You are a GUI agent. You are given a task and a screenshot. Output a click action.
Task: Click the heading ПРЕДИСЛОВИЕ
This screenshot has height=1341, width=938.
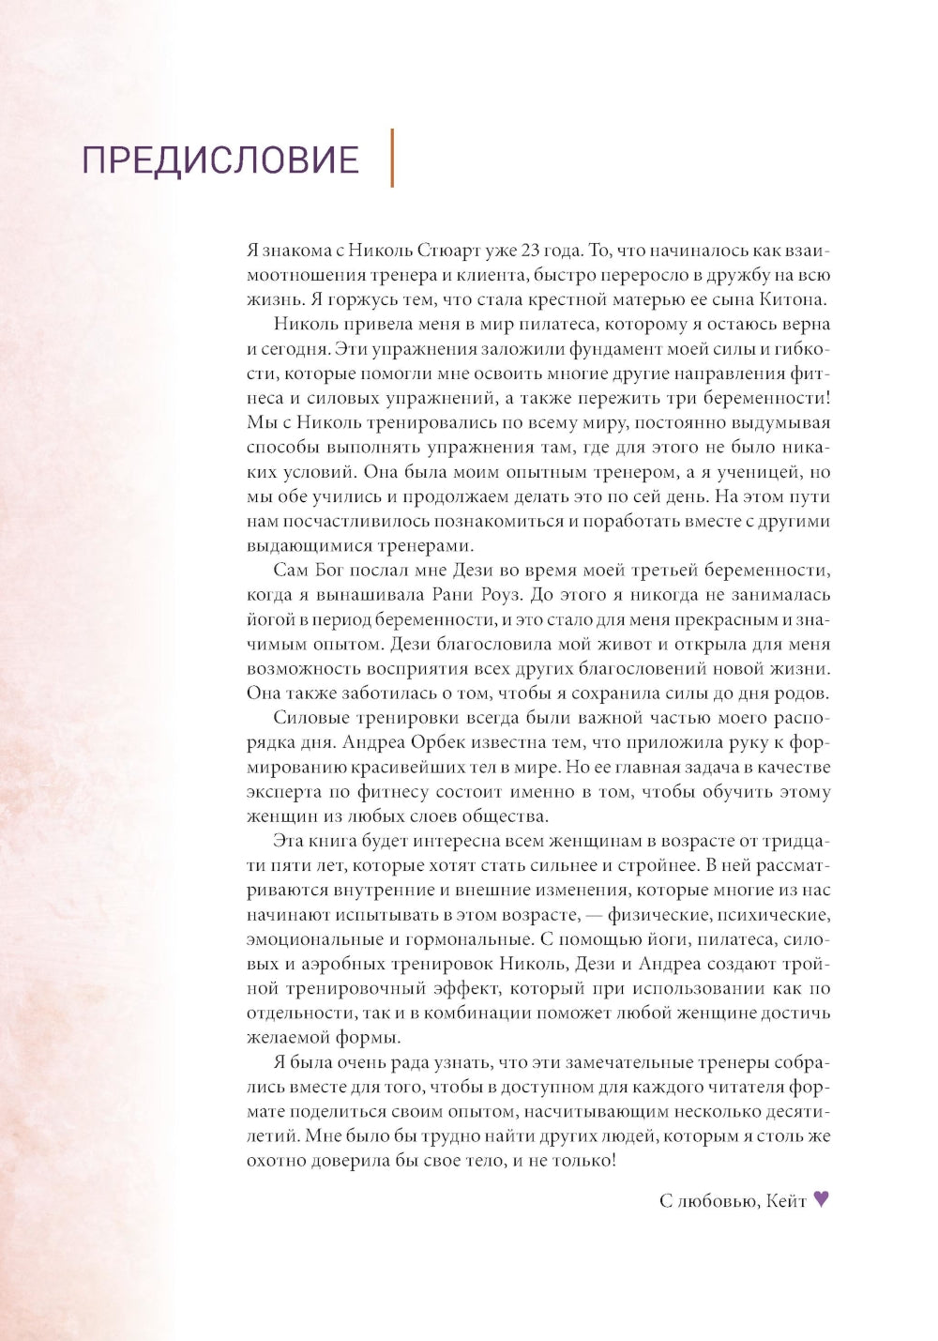click(220, 160)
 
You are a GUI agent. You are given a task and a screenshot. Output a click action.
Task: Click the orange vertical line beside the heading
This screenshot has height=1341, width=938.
click(392, 158)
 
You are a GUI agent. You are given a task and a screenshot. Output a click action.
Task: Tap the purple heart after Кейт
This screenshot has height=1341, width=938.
click(821, 1198)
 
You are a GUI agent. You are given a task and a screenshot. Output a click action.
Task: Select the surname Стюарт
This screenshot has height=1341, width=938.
click(446, 251)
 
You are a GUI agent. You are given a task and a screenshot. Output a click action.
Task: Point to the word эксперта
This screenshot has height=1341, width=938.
click(284, 791)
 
